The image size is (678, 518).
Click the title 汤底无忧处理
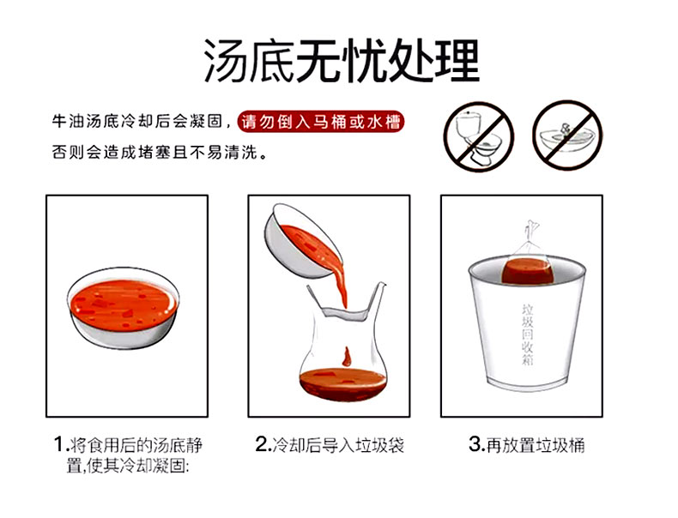342,61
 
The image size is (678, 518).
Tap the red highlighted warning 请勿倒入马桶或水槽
320,122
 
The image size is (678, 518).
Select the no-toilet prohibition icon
479,136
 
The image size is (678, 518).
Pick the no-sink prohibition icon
567,136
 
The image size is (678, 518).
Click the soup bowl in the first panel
124,308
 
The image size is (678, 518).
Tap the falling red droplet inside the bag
347,357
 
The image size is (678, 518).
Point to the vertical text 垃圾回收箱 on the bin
528,334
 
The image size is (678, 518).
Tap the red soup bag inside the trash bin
528,270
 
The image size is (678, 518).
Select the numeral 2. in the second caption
263,444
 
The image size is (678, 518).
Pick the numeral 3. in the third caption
477,444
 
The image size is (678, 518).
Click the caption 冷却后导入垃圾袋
338,445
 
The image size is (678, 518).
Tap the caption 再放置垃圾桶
536,445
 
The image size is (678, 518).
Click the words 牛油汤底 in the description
85,122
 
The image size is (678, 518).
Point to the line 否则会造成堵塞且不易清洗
159,152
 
